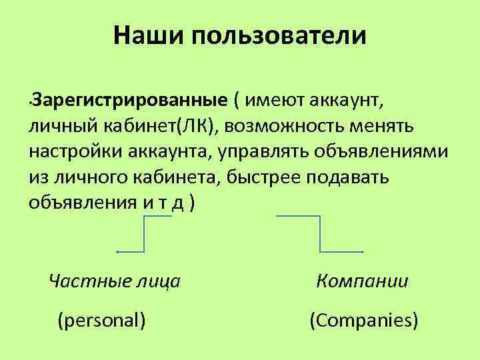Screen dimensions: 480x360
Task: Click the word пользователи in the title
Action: [x=279, y=35]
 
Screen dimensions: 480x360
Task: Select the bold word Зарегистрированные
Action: [x=129, y=101]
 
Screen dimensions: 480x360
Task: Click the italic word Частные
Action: [x=91, y=281]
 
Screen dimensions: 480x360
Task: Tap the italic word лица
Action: [x=159, y=281]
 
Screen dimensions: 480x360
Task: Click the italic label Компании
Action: [x=363, y=281]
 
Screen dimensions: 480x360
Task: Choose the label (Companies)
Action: [x=364, y=321]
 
